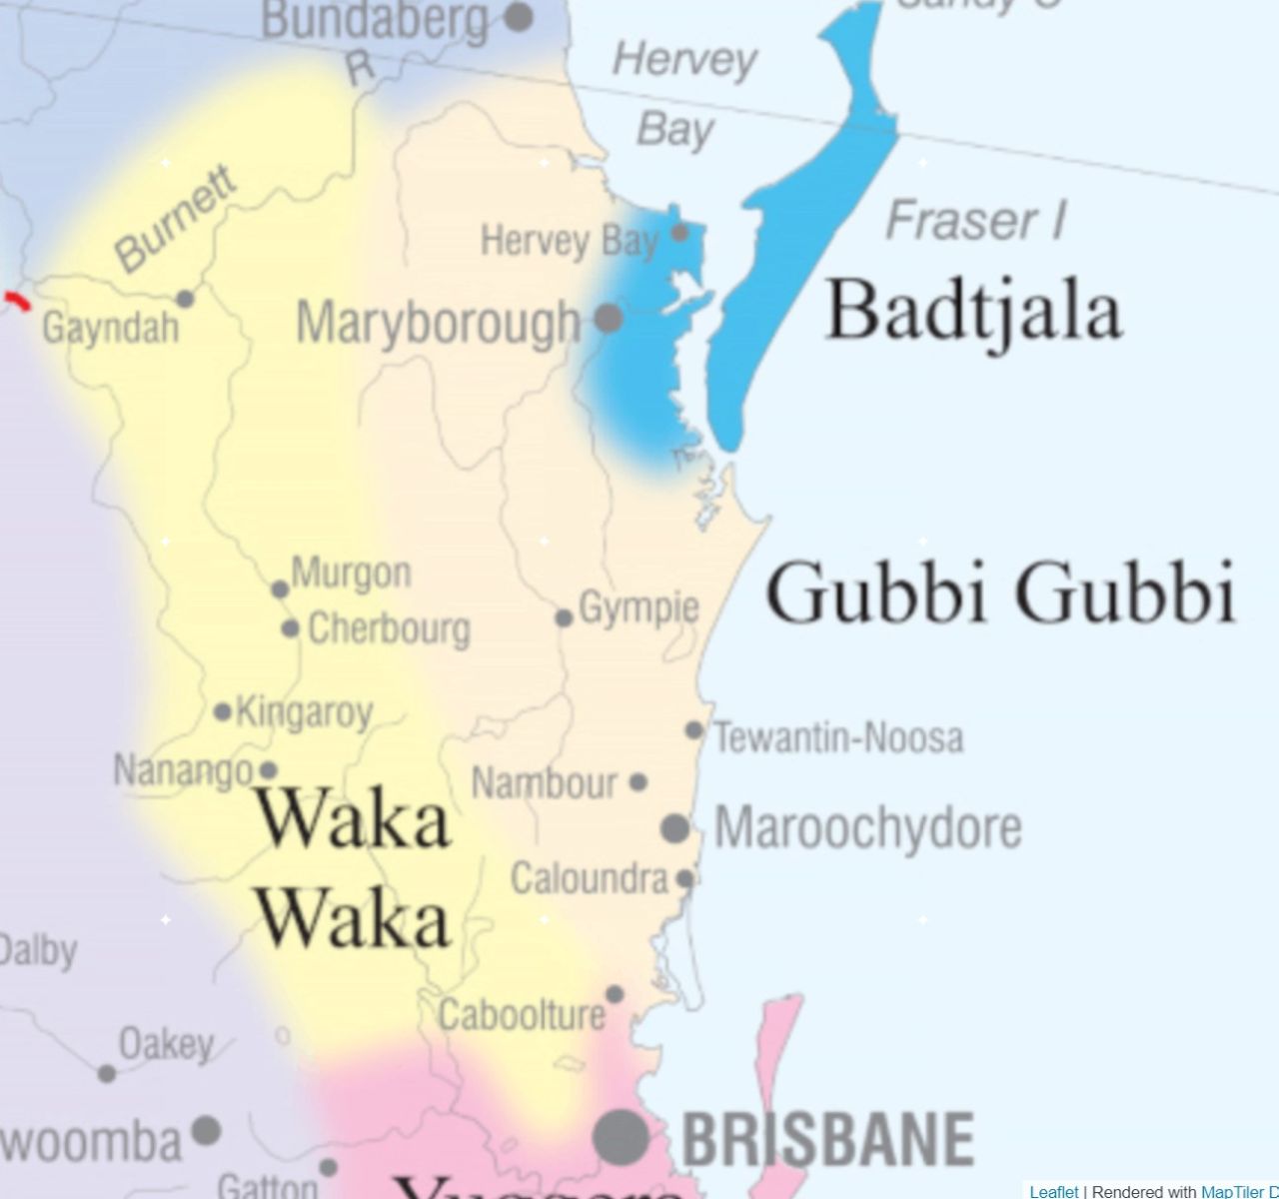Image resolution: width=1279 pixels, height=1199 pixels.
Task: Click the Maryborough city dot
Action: tap(609, 319)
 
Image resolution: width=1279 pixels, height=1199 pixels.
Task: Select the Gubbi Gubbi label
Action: tap(1001, 594)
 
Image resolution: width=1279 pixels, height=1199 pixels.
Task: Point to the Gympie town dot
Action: tap(564, 618)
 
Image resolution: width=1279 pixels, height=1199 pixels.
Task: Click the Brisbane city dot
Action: tap(622, 1136)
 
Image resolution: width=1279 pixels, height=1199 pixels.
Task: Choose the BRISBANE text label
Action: tap(828, 1138)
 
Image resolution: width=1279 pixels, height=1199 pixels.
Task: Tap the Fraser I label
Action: tap(976, 220)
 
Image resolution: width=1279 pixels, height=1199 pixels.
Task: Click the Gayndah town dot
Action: tap(185, 299)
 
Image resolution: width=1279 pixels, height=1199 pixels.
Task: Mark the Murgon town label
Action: tap(351, 574)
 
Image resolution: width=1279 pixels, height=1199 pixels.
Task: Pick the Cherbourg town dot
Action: tap(290, 629)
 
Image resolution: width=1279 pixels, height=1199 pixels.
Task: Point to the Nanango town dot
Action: tap(268, 770)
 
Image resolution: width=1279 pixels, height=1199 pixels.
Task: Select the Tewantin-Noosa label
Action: tap(838, 738)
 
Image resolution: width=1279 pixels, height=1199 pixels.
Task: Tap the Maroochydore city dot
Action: tap(675, 828)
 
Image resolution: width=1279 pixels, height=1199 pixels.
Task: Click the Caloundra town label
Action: tap(589, 879)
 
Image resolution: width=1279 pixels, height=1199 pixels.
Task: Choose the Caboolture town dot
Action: tap(615, 994)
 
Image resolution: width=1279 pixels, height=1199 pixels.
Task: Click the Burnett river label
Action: tap(177, 219)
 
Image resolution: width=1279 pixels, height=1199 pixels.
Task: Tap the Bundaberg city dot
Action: tap(518, 16)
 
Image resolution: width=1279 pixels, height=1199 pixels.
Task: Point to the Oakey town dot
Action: tap(106, 1074)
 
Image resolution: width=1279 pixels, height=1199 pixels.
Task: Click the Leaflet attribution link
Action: tap(1053, 1191)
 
